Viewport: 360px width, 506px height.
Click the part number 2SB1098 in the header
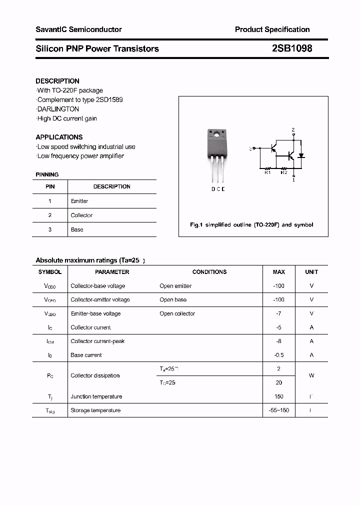[292, 48]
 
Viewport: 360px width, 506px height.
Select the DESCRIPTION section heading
[57, 81]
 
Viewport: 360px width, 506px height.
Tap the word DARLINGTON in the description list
[58, 109]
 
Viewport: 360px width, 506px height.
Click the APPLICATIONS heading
[59, 137]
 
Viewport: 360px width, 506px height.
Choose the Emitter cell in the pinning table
[79, 201]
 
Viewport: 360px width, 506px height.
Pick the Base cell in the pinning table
[77, 229]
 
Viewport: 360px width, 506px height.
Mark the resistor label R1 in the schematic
[267, 172]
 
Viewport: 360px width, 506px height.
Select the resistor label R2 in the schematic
[283, 172]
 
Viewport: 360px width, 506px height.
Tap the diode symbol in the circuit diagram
[301, 155]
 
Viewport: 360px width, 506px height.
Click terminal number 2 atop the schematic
[293, 129]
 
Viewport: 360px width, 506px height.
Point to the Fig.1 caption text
[251, 225]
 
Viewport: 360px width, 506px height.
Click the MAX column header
[279, 272]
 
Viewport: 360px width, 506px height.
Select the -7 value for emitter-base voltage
[279, 313]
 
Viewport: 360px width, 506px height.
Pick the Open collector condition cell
[177, 313]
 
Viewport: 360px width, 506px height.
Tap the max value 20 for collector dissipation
[279, 382]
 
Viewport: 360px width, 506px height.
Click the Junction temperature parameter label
[96, 396]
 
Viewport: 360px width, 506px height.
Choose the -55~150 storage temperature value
[279, 410]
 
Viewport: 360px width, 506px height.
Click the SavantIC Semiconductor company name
[78, 29]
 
